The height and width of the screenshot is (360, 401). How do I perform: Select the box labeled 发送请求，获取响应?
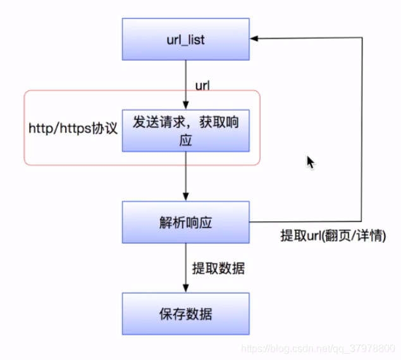[x=185, y=132]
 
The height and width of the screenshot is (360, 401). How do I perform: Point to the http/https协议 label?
[x=73, y=128]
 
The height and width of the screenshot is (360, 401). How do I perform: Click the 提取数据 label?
[x=218, y=268]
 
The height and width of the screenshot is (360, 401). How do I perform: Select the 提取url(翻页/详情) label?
[x=333, y=235]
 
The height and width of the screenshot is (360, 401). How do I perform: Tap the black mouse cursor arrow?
[x=310, y=162]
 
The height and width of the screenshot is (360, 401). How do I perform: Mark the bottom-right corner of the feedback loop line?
[x=362, y=222]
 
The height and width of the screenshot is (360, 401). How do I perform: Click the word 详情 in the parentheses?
[x=369, y=235]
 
